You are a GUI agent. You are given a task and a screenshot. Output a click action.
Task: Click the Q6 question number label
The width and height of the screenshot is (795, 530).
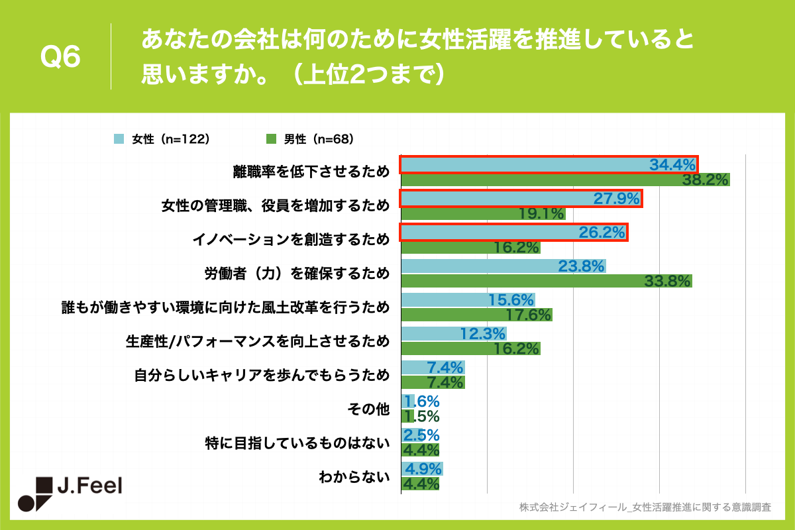click(x=61, y=58)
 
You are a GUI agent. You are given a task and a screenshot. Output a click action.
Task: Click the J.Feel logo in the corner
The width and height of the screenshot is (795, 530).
click(x=70, y=494)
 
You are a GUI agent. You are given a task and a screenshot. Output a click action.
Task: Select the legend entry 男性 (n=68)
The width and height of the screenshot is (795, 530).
click(x=309, y=139)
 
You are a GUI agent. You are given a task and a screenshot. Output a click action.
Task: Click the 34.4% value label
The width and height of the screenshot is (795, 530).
click(x=672, y=164)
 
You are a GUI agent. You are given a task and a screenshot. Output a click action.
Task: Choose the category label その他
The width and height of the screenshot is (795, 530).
click(x=368, y=410)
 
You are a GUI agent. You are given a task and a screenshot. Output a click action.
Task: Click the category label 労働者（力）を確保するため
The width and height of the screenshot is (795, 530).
click(x=296, y=274)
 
